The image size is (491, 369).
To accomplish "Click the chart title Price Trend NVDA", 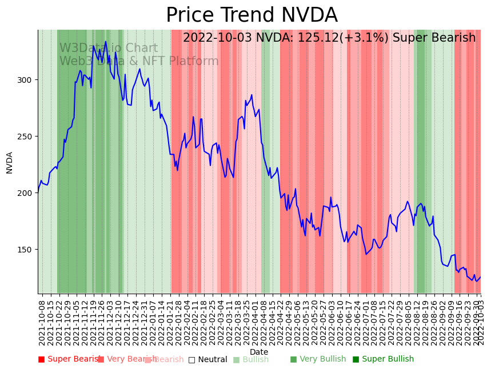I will (x=252, y=15).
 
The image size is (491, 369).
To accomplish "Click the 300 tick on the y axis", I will (x=27, y=79).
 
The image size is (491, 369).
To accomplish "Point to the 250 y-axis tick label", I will (x=27, y=137).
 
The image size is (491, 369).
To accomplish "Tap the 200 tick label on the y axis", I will (x=27, y=193).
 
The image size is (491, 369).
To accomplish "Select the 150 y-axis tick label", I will (x=27, y=250).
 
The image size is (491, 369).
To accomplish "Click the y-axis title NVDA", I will (x=10, y=162).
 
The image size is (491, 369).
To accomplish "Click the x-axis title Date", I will (x=259, y=352).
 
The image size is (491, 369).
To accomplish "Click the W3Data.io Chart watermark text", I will (x=109, y=49).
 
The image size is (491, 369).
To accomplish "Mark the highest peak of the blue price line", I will (x=106, y=41).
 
